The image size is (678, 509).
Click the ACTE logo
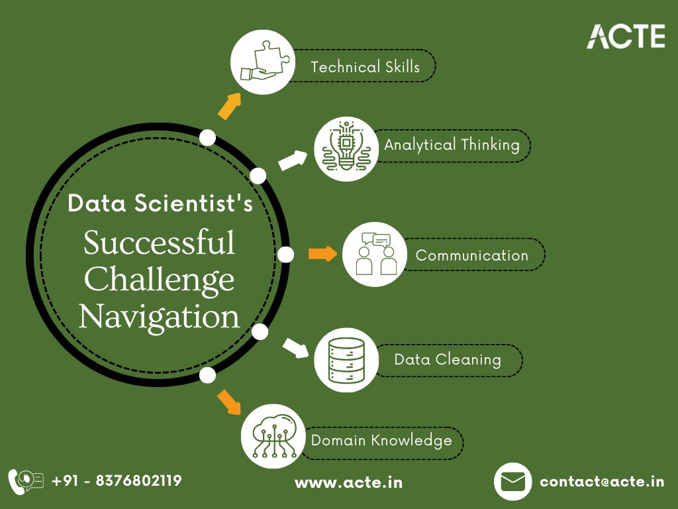click(x=626, y=36)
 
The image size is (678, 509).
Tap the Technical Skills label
click(x=365, y=67)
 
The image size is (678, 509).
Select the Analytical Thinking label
click(x=452, y=144)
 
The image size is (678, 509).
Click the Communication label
click(x=472, y=255)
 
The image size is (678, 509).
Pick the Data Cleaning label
click(x=448, y=360)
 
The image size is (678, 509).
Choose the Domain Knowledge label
click(x=381, y=441)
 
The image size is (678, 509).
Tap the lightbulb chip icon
click(x=346, y=149)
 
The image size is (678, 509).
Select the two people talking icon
click(x=374, y=254)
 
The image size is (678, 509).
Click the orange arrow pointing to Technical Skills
click(x=229, y=105)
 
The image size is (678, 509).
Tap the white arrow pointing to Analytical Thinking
click(x=293, y=160)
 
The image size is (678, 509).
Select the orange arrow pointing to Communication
click(x=322, y=254)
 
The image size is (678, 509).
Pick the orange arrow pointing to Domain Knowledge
click(x=229, y=402)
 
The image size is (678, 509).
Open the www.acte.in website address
click(x=348, y=482)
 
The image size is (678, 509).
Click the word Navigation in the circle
click(x=160, y=317)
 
